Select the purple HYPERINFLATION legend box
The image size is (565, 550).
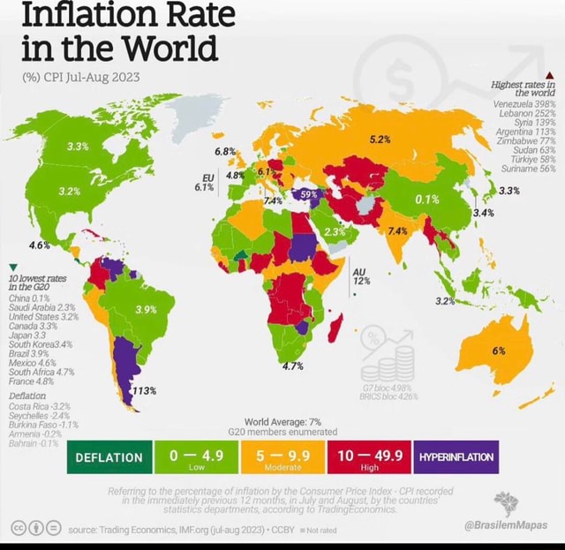[456, 456]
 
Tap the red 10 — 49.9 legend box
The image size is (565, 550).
[365, 456]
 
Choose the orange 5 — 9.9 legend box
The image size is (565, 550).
[282, 456]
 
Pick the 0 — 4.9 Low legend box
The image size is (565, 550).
[196, 456]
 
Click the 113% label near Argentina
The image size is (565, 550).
[144, 391]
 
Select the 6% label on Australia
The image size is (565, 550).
[499, 350]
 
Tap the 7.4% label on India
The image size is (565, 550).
[395, 230]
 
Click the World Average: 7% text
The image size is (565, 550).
[282, 421]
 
